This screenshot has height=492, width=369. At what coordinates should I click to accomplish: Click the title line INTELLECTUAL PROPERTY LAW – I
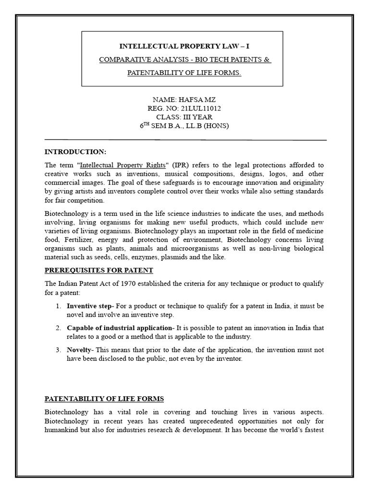pyautogui.click(x=184, y=46)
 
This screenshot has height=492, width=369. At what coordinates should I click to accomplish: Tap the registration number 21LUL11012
pyautogui.click(x=198, y=109)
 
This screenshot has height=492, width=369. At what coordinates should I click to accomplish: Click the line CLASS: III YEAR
pyautogui.click(x=184, y=117)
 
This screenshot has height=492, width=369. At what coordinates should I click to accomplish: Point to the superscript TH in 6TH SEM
pyautogui.click(x=146, y=124)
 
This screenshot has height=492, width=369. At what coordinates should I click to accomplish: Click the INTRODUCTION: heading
pyautogui.click(x=75, y=152)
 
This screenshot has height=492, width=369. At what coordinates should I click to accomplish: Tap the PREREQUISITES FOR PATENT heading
pyautogui.click(x=99, y=270)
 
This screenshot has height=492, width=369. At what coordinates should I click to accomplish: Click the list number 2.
pyautogui.click(x=57, y=328)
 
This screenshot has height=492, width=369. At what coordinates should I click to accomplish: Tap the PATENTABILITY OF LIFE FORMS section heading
pyautogui.click(x=104, y=398)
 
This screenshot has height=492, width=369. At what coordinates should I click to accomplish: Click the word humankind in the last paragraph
pyautogui.click(x=63, y=429)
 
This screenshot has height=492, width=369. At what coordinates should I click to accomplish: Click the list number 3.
pyautogui.click(x=57, y=350)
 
